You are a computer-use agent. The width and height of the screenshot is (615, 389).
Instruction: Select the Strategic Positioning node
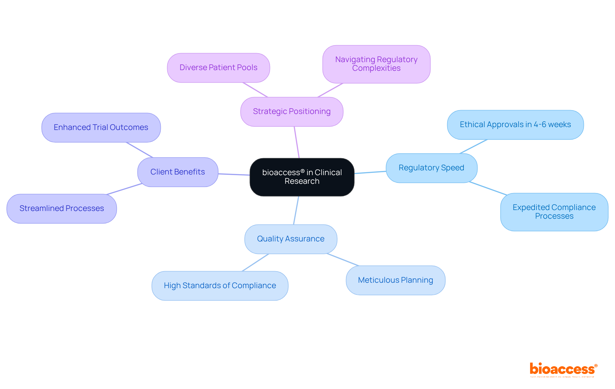coord(291,111)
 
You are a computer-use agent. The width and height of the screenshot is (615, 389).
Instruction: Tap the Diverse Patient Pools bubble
coord(218,68)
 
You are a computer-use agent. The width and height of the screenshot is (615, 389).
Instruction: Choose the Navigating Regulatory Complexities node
coord(376,64)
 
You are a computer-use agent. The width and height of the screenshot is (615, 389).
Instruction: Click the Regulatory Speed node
coord(431,168)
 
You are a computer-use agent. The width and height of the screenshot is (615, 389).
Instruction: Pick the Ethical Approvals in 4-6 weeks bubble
coord(515,125)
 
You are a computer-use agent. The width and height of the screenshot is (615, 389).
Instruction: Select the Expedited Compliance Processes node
coord(554,212)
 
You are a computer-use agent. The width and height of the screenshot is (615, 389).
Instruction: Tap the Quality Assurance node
coord(291,239)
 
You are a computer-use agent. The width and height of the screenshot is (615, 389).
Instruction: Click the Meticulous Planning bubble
coord(395,280)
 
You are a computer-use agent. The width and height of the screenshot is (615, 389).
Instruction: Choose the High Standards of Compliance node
coord(220,286)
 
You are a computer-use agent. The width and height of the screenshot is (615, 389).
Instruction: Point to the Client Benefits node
coord(177,172)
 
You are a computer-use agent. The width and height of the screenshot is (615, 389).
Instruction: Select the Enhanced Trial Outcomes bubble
coord(101,127)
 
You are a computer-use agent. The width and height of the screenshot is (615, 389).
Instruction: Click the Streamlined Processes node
coord(61,208)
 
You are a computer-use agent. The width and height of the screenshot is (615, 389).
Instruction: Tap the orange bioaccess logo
coord(562,369)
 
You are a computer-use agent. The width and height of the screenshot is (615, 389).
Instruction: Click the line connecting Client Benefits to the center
coord(234,174)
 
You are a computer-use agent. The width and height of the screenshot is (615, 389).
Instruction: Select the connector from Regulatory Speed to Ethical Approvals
coord(473,147)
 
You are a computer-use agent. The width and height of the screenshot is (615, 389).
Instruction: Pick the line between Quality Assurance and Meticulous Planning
coord(343,260)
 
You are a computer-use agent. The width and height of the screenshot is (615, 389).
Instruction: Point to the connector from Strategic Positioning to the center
coord(297,142)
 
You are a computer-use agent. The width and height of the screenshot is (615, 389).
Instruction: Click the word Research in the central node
coord(302,181)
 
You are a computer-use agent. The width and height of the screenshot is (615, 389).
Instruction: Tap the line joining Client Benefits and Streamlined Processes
coord(124,189)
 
